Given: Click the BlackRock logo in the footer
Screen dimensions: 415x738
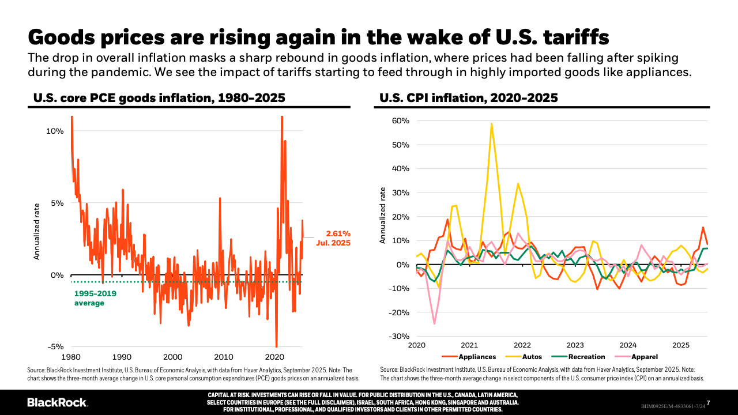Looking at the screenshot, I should point(57,402).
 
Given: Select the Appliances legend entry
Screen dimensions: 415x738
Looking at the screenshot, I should point(476,357).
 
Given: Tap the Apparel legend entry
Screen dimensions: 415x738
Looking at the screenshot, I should point(644,357).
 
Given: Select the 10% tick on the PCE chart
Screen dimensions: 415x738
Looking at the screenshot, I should point(55,131).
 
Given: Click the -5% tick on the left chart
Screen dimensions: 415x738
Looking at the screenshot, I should point(55,347).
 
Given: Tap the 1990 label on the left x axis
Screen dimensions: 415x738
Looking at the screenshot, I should point(122,357).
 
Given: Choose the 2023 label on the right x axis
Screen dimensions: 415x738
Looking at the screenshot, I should point(575,345).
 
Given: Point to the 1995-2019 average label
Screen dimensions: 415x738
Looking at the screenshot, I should point(95,298).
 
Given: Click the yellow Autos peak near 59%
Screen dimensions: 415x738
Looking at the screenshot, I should point(491,123).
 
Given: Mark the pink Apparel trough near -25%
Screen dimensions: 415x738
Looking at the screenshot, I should point(434,323).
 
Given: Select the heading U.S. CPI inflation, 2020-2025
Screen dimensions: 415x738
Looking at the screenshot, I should point(468,98).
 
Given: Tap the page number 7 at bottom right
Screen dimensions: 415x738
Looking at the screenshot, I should point(708,402).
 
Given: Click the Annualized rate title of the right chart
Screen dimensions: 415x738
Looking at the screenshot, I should point(382,214).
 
